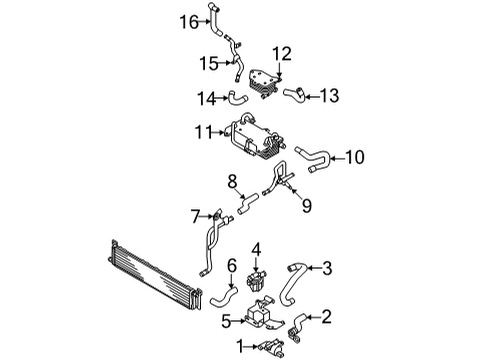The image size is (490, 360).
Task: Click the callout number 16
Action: (189, 22)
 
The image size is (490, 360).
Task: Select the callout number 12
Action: (282, 54)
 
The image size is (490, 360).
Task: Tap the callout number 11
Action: (204, 132)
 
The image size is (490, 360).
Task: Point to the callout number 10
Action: (355, 157)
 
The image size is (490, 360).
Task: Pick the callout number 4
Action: (256, 249)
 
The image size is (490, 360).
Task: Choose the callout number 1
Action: (241, 346)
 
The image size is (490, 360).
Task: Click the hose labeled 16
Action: (215, 19)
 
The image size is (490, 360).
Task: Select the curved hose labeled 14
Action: (238, 99)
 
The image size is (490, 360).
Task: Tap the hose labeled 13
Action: (295, 94)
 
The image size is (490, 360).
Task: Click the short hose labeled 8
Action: (248, 203)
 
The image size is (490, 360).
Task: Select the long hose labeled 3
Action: (289, 283)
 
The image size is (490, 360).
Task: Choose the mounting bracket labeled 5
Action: (263, 312)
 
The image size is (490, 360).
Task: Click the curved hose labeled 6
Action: (224, 296)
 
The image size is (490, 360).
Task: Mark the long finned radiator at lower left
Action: (155, 274)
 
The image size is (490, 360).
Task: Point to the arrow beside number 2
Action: (313, 317)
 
